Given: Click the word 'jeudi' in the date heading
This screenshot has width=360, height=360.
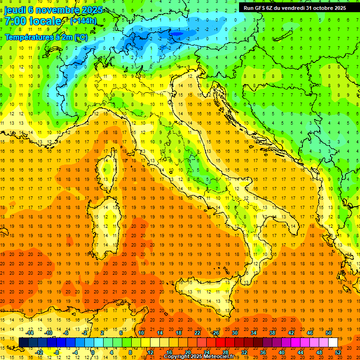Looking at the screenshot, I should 15,10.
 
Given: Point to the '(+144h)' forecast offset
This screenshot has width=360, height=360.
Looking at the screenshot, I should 83,21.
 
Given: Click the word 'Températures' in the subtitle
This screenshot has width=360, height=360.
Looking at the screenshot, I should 29,37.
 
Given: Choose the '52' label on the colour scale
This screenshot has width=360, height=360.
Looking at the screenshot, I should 338,352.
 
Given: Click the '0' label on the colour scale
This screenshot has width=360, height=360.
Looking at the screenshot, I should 93,352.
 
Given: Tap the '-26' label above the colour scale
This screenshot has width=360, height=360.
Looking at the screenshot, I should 215,333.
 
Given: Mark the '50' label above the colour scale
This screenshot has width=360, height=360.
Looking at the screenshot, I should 329,333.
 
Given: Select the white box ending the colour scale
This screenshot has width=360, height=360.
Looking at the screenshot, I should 333,343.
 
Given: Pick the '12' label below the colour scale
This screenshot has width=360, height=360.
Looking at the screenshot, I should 150,352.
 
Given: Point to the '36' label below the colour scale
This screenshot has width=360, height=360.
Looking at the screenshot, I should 263,352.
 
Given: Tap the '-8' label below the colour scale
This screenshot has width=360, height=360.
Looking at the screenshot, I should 56,352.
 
